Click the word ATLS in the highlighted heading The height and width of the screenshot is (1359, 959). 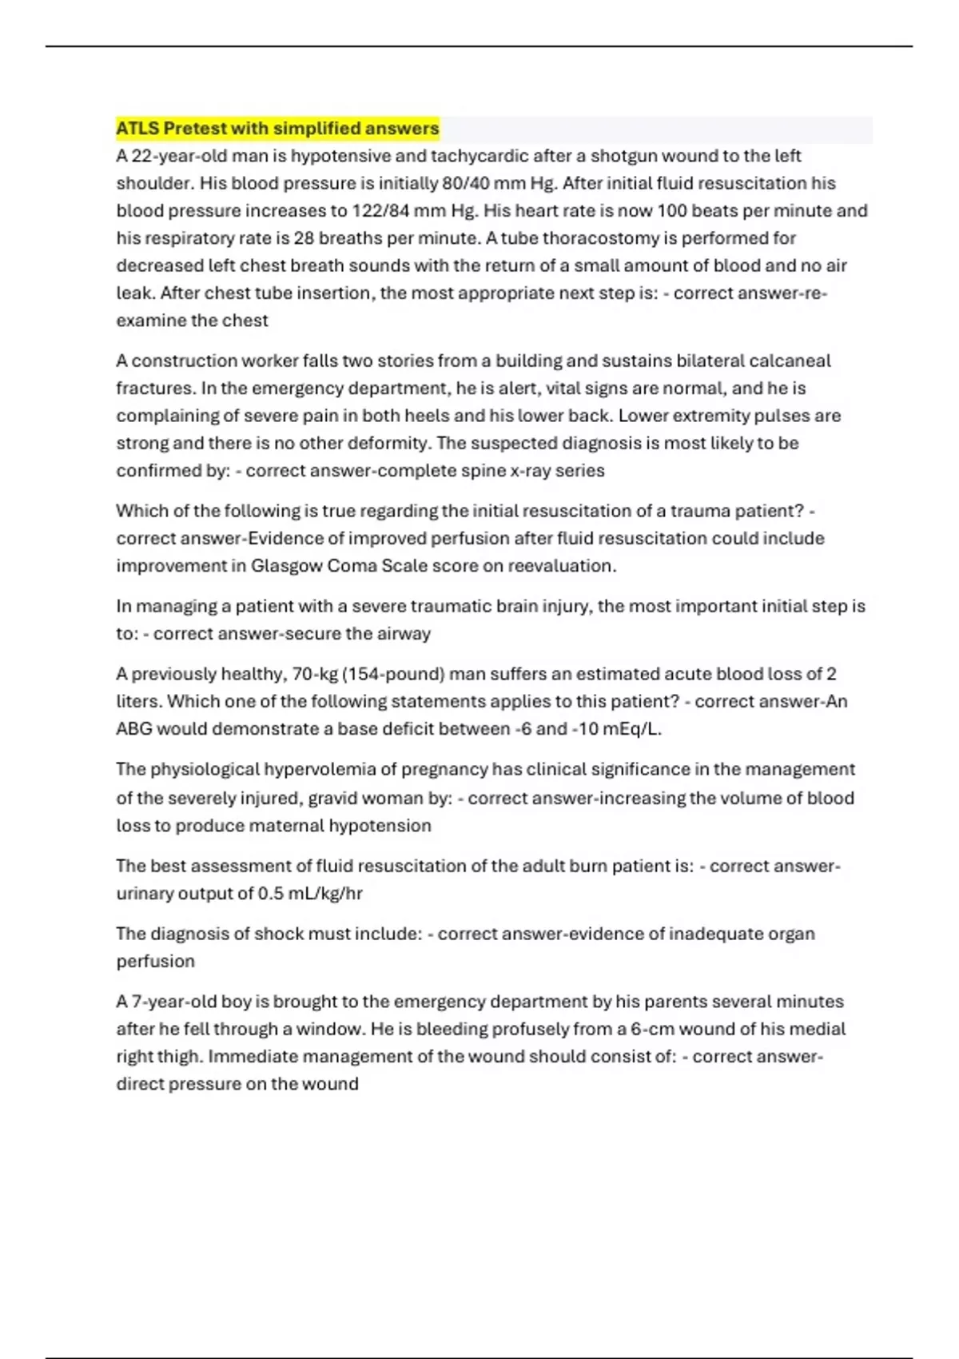(x=137, y=129)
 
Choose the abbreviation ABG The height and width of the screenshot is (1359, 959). (x=133, y=729)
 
